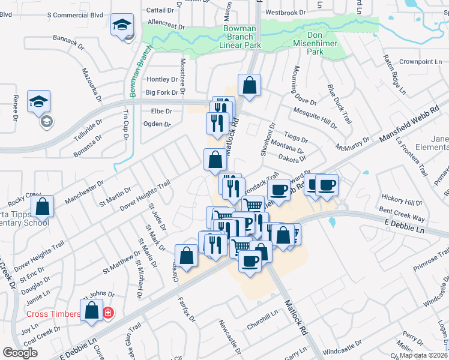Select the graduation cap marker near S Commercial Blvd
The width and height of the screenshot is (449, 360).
click(x=123, y=26)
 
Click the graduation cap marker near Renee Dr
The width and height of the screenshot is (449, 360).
click(x=39, y=101)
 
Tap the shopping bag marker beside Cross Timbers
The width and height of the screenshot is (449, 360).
click(x=92, y=311)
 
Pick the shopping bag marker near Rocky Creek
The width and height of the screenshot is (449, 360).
click(x=42, y=206)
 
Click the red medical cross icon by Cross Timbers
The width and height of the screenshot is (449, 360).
click(x=108, y=313)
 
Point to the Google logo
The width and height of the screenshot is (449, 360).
click(x=20, y=353)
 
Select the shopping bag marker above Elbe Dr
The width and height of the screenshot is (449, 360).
click(x=249, y=85)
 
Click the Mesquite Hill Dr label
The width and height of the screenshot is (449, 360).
click(x=315, y=116)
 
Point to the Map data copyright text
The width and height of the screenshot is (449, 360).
click(x=423, y=355)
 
